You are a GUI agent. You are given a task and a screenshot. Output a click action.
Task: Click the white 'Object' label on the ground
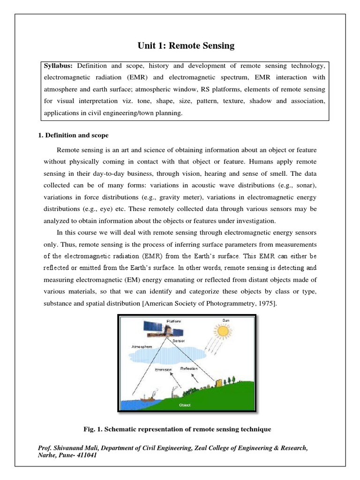coord(185,404)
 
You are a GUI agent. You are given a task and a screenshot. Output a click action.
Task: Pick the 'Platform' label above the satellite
coord(173,321)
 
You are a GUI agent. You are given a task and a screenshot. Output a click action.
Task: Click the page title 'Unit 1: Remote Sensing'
coord(186,46)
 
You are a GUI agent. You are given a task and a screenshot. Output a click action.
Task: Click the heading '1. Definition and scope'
coord(73,135)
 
